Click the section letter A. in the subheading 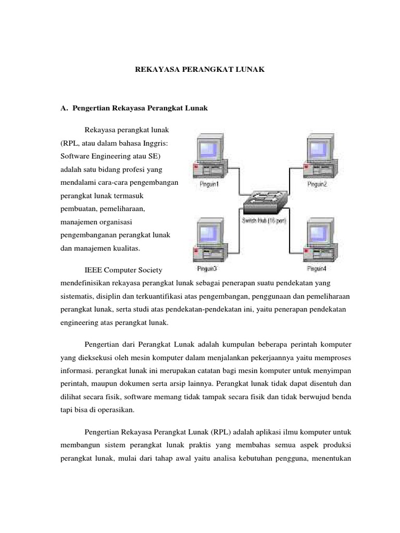click(x=65, y=108)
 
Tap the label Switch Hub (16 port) click(x=264, y=221)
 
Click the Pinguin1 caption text click(x=208, y=185)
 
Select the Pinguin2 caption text click(x=317, y=185)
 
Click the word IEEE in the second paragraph click(x=93, y=270)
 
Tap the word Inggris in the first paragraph click(x=156, y=142)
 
